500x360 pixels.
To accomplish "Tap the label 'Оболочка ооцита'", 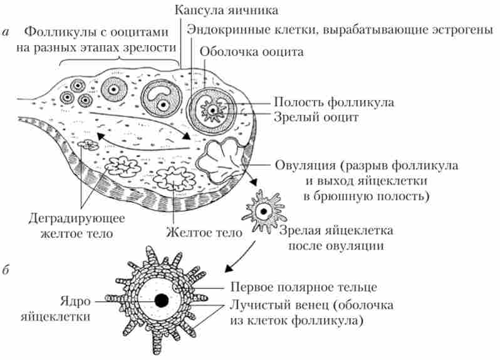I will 250,53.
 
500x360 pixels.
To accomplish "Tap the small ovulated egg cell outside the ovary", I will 264,209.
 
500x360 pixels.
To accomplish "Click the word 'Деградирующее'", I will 77,219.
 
